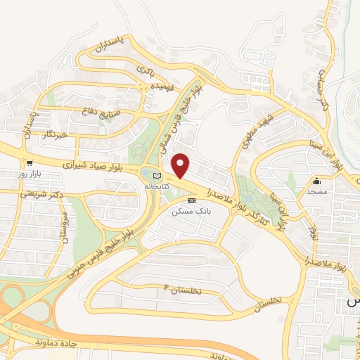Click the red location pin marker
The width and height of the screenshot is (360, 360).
click(x=181, y=165)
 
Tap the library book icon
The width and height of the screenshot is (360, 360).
click(x=156, y=176)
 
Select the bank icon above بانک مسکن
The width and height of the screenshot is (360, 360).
click(x=191, y=200)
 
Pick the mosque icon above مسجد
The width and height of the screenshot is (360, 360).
click(x=317, y=180)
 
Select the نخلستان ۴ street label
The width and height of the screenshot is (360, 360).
click(x=181, y=289)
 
